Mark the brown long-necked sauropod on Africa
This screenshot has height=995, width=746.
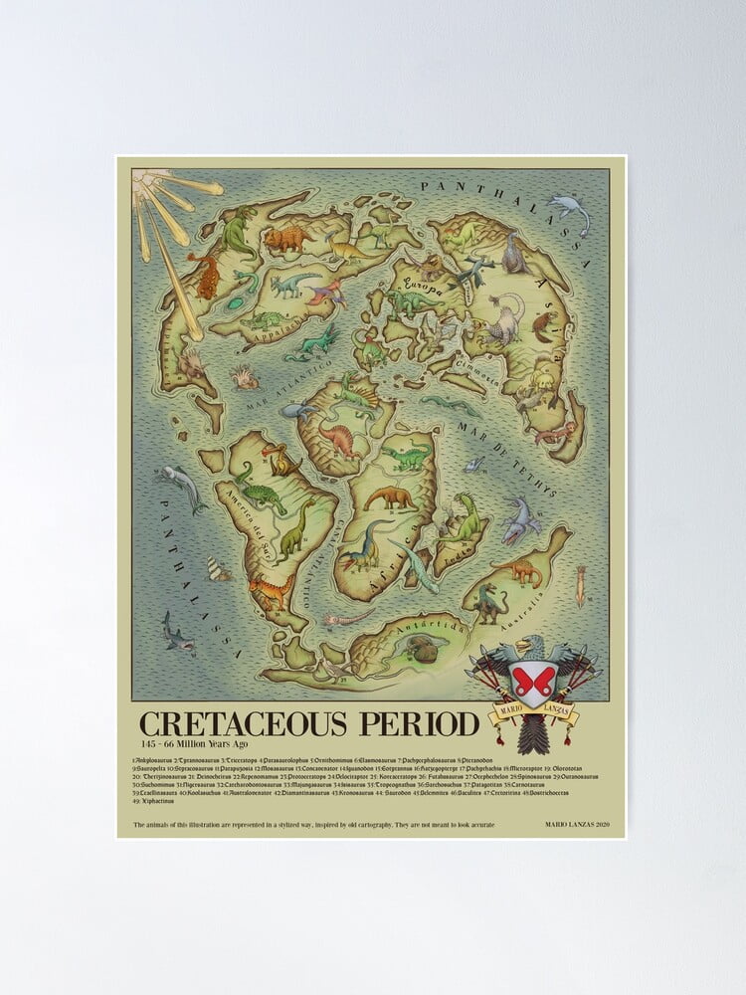pos(391,497)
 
